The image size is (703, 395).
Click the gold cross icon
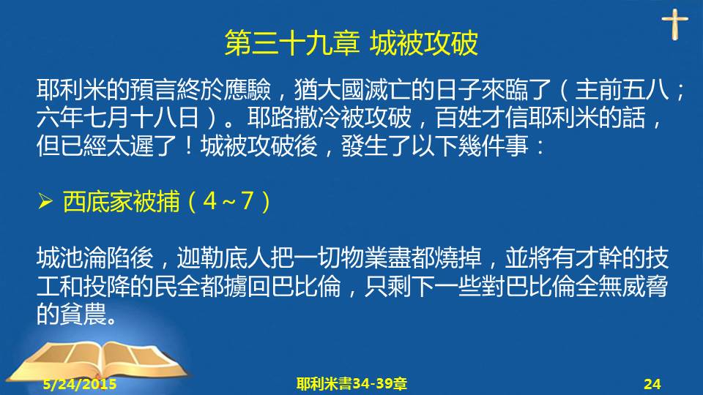(674, 24)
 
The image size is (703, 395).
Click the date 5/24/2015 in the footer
(80, 384)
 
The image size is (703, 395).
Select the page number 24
(652, 384)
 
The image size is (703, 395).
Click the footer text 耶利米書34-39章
(351, 384)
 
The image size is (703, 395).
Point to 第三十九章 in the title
(292, 43)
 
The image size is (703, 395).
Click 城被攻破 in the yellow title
(424, 43)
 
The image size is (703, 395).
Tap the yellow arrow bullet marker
(45, 201)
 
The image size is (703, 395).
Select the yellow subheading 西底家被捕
(121, 201)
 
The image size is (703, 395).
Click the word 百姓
(458, 117)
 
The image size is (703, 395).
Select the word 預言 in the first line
(153, 89)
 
